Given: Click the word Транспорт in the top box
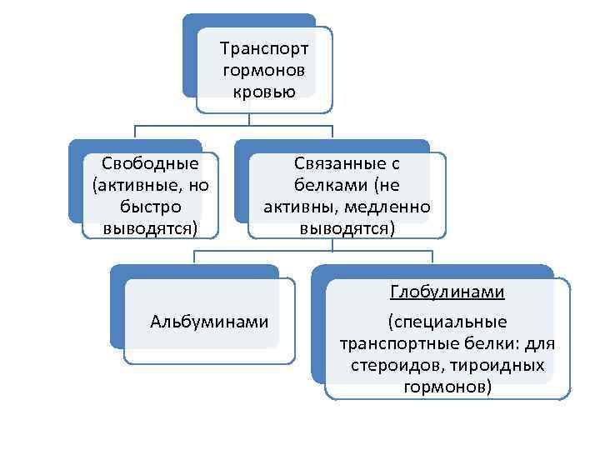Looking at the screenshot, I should [x=264, y=49].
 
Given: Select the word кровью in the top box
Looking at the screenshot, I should [x=264, y=91].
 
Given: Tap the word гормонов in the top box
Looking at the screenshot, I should [x=264, y=70].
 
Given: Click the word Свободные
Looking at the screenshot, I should [x=150, y=163].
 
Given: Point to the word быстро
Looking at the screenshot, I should [x=150, y=206].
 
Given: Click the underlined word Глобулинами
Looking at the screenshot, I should [x=447, y=292].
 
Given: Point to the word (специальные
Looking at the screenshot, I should [x=447, y=322].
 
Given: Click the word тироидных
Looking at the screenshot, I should [x=500, y=366].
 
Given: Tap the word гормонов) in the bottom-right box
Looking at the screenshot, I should [x=447, y=387].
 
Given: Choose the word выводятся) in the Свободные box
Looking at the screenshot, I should [x=150, y=227].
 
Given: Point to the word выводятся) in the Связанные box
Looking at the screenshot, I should [x=347, y=227].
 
